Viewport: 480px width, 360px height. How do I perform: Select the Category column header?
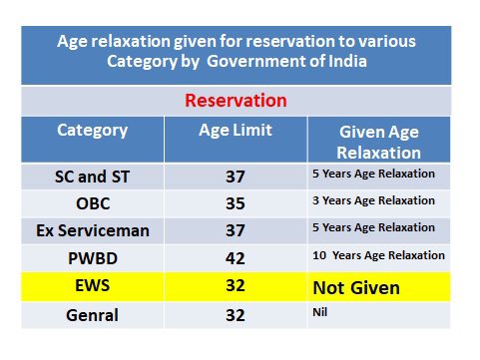(x=92, y=131)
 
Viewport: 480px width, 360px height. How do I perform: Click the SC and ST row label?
(x=92, y=178)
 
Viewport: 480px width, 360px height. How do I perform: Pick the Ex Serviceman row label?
(x=92, y=231)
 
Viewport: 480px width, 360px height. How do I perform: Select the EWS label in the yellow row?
(x=92, y=287)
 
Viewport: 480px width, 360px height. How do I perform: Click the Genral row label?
(x=92, y=314)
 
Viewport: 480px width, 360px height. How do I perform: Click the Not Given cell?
(x=356, y=287)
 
